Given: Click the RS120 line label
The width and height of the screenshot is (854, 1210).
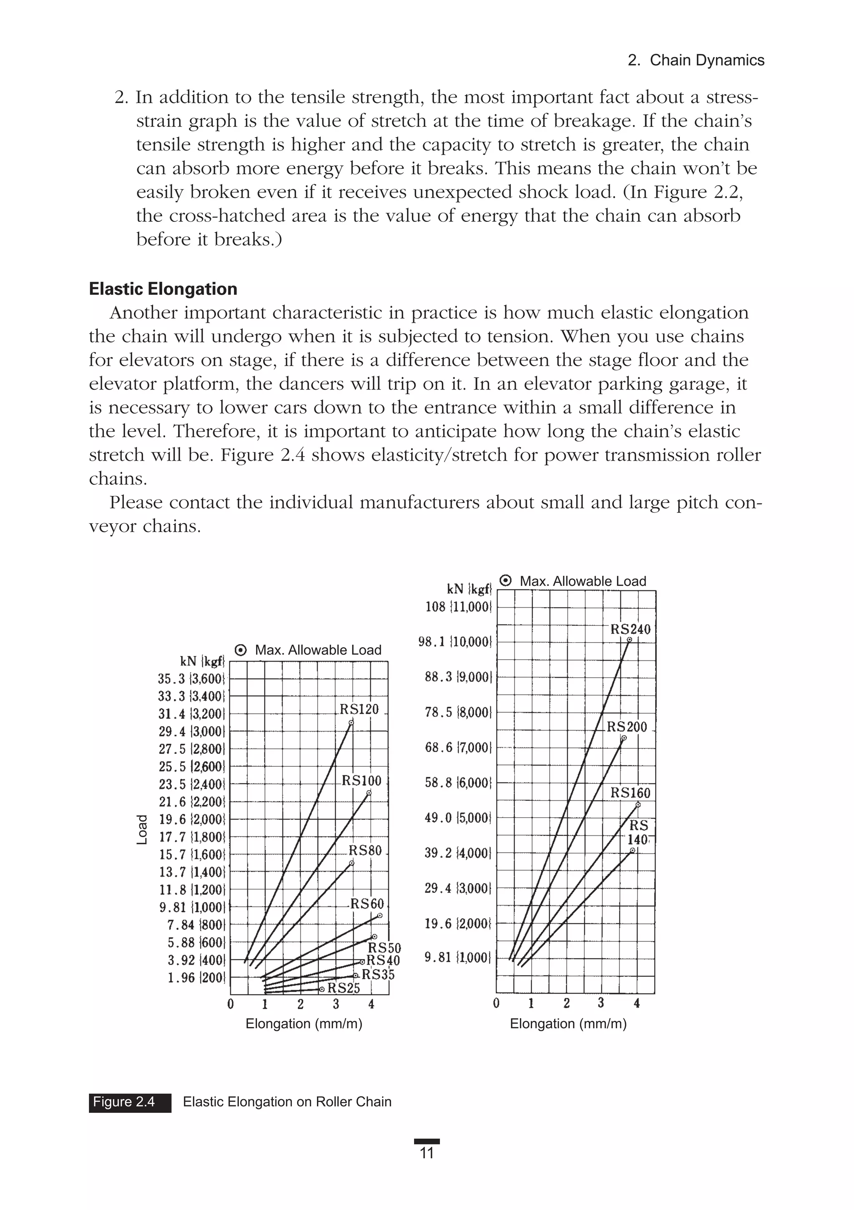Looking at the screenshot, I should coord(359,709).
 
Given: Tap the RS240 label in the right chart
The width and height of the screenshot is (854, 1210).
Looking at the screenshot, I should coord(630,629).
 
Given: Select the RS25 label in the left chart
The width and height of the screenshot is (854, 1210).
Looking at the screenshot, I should coord(343,988).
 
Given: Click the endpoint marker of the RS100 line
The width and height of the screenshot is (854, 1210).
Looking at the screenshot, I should coord(369,793).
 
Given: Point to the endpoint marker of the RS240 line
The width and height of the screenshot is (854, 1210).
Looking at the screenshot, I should coord(629,640).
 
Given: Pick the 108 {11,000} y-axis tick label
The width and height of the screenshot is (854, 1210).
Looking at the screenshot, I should coord(458,607).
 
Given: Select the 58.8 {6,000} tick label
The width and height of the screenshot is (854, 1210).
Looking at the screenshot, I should coord(458,783).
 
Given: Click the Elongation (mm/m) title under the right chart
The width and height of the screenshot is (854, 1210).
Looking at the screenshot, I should coord(568,1024).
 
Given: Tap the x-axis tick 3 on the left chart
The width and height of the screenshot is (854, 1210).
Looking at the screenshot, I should coord(336,1004).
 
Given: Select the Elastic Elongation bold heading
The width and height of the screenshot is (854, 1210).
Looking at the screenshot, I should coord(163,289).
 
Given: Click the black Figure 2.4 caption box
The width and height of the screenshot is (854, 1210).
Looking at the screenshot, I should coord(130,1102).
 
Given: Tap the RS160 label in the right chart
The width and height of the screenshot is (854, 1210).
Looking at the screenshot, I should coord(630,793).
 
